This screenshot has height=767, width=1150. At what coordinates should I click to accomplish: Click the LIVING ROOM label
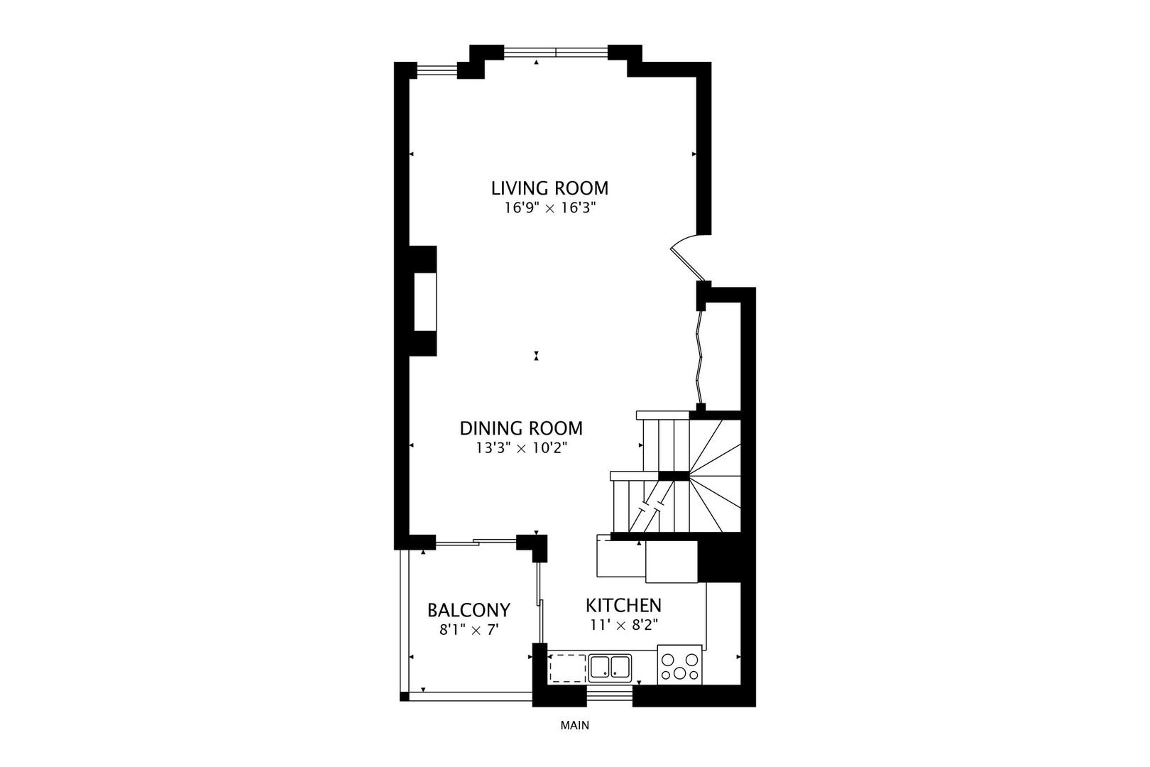point(549,188)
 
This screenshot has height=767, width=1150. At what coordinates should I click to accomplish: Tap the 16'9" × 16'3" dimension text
point(549,209)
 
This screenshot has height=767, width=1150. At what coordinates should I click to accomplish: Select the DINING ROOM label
point(521,428)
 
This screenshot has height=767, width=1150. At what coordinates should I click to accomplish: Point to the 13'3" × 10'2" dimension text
point(521,448)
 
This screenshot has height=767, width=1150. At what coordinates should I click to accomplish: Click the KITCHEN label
point(623,606)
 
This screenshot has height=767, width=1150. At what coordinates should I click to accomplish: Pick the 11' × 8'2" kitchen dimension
point(623,625)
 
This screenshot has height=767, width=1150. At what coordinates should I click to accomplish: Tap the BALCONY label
point(469,610)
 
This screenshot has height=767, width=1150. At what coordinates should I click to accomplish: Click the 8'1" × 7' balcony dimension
point(469,629)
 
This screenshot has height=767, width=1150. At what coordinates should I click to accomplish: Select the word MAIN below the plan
point(574,726)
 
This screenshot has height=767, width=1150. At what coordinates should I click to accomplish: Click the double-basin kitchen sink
point(610,668)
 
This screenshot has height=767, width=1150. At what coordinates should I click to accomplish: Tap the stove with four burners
point(679,665)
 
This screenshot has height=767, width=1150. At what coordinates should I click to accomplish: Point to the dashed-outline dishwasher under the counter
point(567,668)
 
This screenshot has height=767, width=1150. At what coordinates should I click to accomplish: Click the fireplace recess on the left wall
point(424,301)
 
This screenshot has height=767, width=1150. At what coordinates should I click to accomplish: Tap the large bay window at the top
point(556,52)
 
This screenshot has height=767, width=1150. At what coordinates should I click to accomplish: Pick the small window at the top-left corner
point(437,70)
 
